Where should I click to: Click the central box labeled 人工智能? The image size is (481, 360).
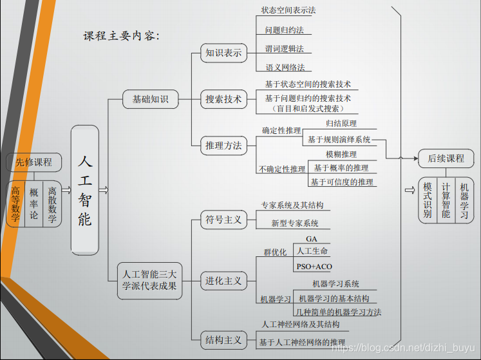point(85,189)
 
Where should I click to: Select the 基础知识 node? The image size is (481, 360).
point(150,99)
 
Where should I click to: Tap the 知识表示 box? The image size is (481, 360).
point(223,53)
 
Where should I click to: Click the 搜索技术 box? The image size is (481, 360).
point(223,99)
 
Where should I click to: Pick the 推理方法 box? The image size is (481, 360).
point(223,146)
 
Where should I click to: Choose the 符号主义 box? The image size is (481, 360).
point(223,220)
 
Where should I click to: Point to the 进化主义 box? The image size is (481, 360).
point(223,281)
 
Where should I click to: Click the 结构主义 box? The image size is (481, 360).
point(223,340)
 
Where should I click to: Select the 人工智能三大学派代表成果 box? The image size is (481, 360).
point(149,281)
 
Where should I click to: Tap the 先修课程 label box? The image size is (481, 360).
point(34,162)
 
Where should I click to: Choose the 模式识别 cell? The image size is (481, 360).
point(428,200)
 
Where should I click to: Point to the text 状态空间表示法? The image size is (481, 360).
point(288,10)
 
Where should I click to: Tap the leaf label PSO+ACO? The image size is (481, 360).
point(314,267)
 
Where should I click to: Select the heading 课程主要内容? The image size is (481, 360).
point(121,36)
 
